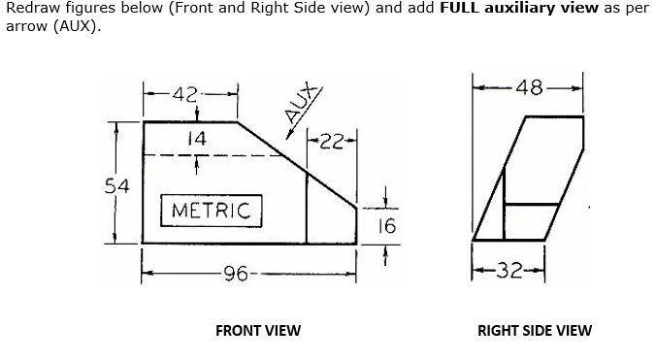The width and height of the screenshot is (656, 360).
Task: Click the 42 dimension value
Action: pyautogui.click(x=185, y=94)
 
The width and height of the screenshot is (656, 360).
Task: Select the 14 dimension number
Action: pyautogui.click(x=197, y=139)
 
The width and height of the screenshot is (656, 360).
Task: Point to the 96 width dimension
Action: pyautogui.click(x=236, y=274)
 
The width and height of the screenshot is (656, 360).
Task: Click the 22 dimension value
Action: pyautogui.click(x=332, y=143)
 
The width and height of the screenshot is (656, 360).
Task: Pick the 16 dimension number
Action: pyautogui.click(x=386, y=226)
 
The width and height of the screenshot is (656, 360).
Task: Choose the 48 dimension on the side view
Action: pyautogui.click(x=530, y=87)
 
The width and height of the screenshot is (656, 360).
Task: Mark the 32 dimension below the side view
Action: pyautogui.click(x=508, y=273)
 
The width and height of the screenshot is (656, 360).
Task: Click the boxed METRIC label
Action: pyautogui.click(x=211, y=210)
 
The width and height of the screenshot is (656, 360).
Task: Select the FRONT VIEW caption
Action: pyautogui.click(x=258, y=330)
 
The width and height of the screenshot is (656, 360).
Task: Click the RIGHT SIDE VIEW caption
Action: pyautogui.click(x=534, y=330)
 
